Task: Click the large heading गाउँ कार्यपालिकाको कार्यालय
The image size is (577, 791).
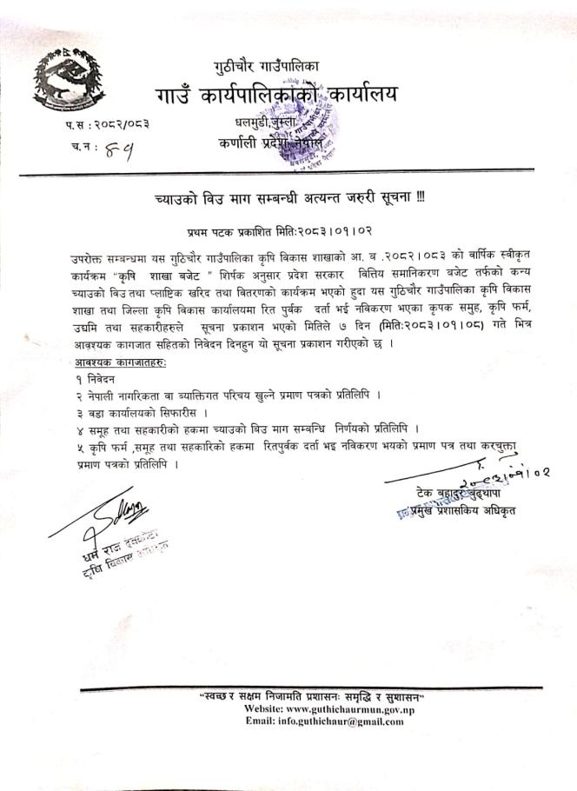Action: point(276,95)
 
